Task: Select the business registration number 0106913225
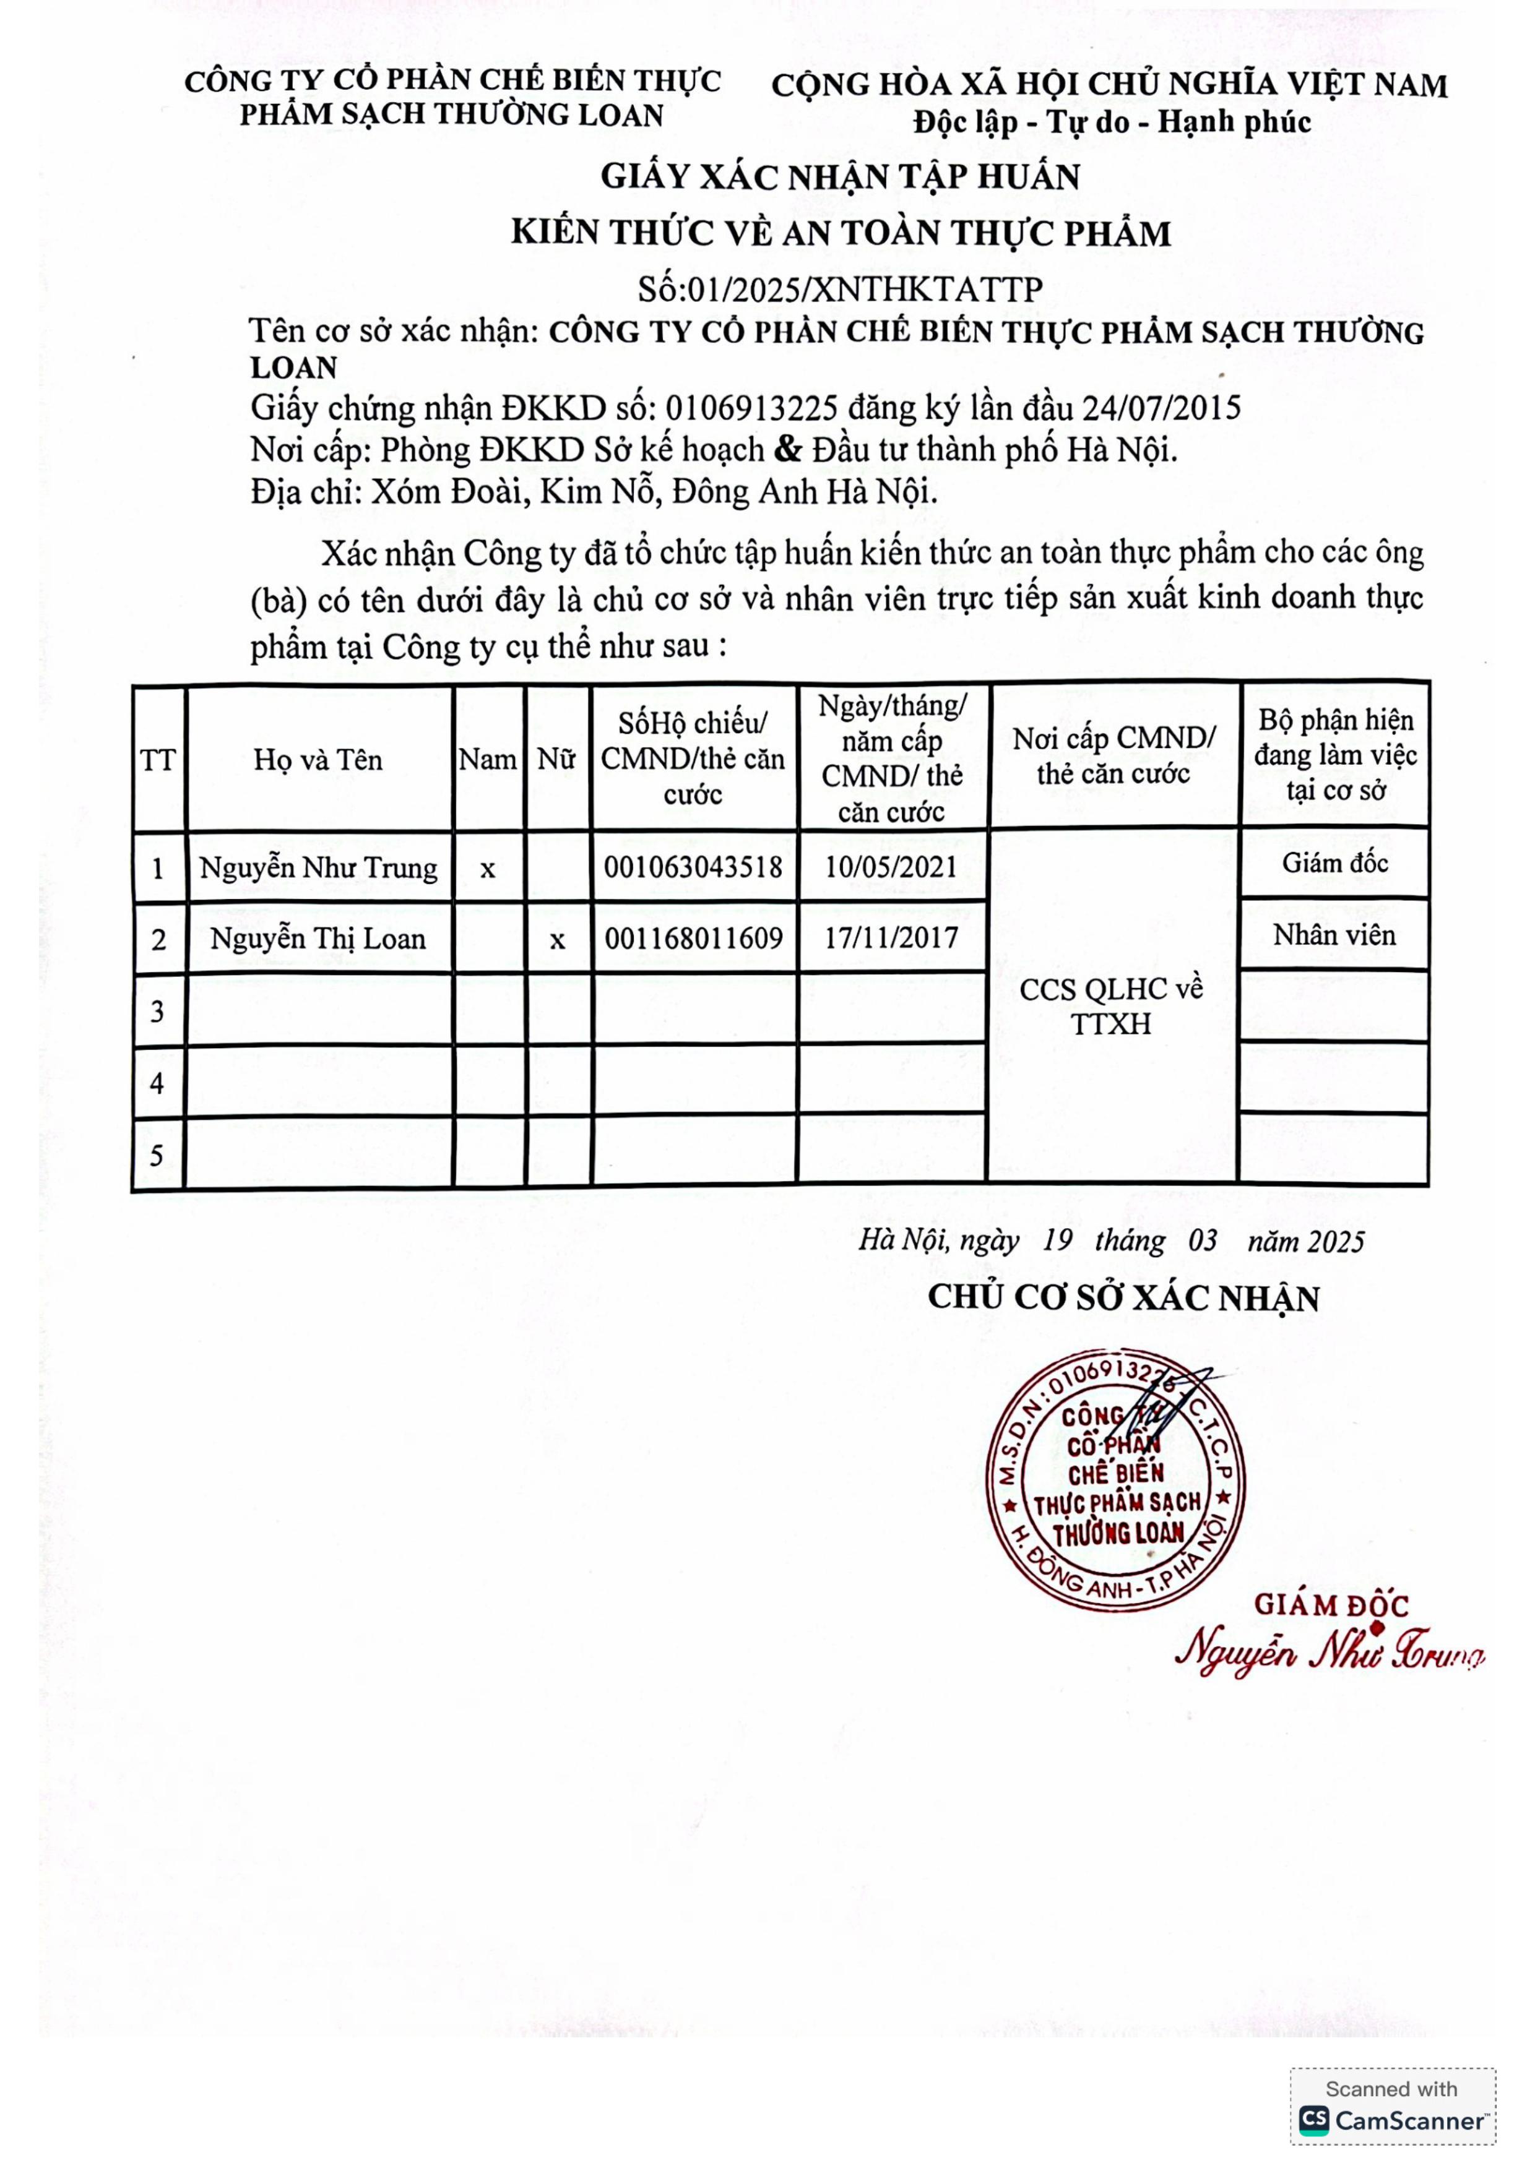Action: (x=751, y=408)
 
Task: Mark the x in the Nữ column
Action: (x=557, y=940)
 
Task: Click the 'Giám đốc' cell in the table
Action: (x=1334, y=862)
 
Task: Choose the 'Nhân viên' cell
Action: (x=1334, y=935)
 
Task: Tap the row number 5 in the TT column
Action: (x=157, y=1156)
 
